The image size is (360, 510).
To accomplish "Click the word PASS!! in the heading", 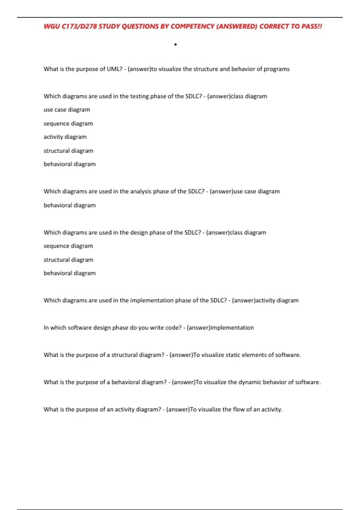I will click(312, 26).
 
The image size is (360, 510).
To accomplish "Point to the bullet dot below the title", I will click(175, 45).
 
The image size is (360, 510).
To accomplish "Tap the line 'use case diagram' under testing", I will click(67, 110).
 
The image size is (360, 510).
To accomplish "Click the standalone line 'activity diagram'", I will click(65, 137).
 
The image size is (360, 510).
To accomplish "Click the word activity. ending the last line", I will click(272, 409).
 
